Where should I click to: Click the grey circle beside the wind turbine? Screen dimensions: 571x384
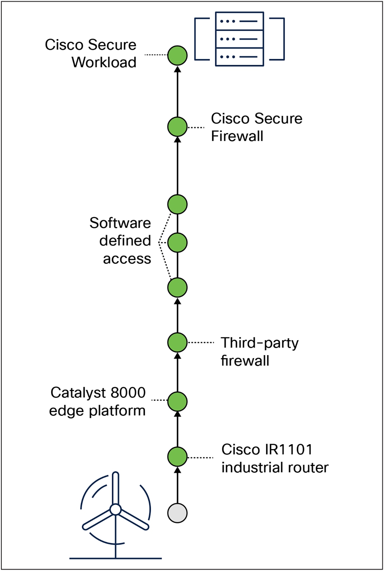pyautogui.click(x=177, y=513)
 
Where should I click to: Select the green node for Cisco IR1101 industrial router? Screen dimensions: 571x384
pyautogui.click(x=177, y=457)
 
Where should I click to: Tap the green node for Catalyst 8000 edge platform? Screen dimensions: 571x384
pyautogui.click(x=177, y=401)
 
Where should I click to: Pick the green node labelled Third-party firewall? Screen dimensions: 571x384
pyautogui.click(x=177, y=342)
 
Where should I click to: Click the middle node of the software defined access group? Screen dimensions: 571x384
pyautogui.click(x=177, y=243)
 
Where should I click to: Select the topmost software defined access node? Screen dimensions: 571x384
pyautogui.click(x=177, y=204)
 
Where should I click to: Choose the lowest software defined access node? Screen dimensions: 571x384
pyautogui.click(x=177, y=287)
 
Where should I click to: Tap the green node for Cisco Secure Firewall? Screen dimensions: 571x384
pyautogui.click(x=177, y=127)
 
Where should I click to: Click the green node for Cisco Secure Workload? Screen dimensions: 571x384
pyautogui.click(x=177, y=55)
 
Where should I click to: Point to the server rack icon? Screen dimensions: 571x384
pyautogui.click(x=239, y=39)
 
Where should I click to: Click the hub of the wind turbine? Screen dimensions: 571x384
pyautogui.click(x=115, y=509)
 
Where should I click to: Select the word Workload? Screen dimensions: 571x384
pyautogui.click(x=104, y=62)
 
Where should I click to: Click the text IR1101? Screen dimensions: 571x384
pyautogui.click(x=288, y=450)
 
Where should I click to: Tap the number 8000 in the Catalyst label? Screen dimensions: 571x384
pyautogui.click(x=128, y=393)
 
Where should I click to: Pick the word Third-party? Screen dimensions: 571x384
pyautogui.click(x=260, y=343)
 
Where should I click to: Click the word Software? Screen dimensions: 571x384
pyautogui.click(x=120, y=223)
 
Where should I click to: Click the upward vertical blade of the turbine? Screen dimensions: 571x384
pyautogui.click(x=116, y=488)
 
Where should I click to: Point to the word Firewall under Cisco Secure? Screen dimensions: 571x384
pyautogui.click(x=237, y=136)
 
